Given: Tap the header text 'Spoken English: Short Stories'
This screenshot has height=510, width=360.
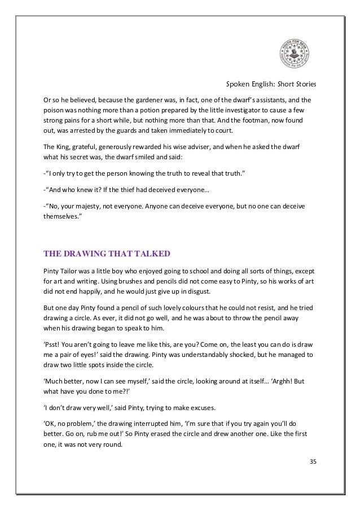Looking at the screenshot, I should (271, 85).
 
